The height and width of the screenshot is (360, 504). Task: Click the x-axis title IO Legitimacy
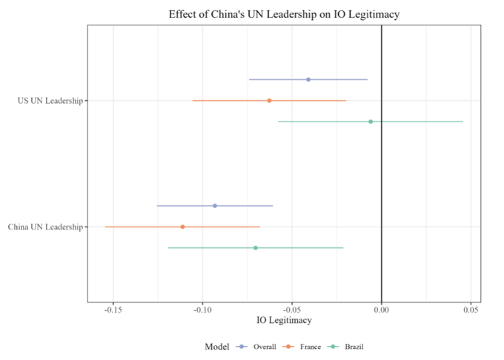tap(284, 320)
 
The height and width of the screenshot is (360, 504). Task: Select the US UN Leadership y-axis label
tap(50, 101)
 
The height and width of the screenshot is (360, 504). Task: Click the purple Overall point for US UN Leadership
tap(308, 79)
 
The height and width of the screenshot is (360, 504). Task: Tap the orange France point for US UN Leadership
tap(269, 101)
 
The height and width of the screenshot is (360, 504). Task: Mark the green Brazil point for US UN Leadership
tap(371, 121)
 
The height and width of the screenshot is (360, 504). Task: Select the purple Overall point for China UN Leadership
tap(215, 206)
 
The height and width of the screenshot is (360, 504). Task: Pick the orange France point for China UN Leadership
tap(182, 227)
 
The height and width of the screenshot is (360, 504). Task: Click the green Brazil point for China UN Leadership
tap(256, 247)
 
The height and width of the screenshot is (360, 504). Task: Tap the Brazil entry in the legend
tap(354, 347)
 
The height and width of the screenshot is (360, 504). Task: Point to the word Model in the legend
tap(218, 347)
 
